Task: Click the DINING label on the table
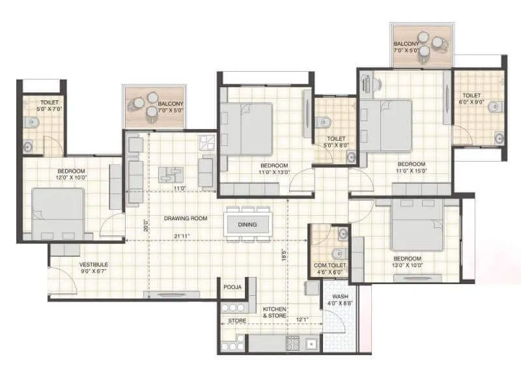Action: (x=247, y=225)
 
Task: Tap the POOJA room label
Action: (x=232, y=287)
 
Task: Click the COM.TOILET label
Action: (x=330, y=266)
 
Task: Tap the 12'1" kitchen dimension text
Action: (x=302, y=320)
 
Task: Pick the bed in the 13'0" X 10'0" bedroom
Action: (x=417, y=225)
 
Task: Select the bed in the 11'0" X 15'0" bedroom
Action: (x=387, y=124)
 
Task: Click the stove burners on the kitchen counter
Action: (x=292, y=343)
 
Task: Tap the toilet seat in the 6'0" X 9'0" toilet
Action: (x=494, y=106)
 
